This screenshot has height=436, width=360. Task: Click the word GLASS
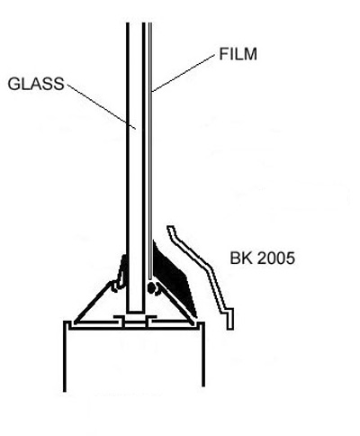pos(36,84)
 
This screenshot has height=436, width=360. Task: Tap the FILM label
pos(238,54)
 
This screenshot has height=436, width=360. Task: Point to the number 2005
pos(276,258)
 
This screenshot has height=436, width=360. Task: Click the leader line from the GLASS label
pos(102,106)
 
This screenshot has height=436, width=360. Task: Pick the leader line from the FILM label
pos(184,73)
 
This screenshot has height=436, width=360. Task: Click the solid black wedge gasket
pos(173,277)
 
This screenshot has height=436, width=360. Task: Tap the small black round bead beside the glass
pos(151,288)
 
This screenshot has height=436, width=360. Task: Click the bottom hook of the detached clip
pos(229,319)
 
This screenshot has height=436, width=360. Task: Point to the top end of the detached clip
pos(170,228)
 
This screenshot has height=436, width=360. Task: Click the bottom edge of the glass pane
pos(135,313)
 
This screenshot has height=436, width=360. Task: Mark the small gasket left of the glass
pos(121,275)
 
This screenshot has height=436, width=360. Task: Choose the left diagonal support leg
pos(93,303)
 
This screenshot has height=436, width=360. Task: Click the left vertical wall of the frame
pos(65,357)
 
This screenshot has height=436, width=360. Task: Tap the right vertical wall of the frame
pos(203,355)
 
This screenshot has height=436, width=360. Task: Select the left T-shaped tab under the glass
pos(120,320)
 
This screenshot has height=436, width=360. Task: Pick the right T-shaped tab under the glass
pos(150,320)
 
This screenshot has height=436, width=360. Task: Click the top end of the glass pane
pos(136,23)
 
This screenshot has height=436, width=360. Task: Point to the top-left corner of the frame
pos(65,322)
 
